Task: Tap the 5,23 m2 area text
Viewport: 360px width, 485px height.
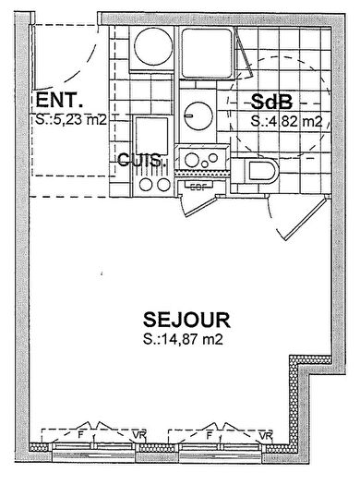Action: point(68,119)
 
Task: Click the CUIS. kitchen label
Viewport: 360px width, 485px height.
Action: point(141,159)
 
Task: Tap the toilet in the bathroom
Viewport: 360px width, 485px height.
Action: point(263,173)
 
